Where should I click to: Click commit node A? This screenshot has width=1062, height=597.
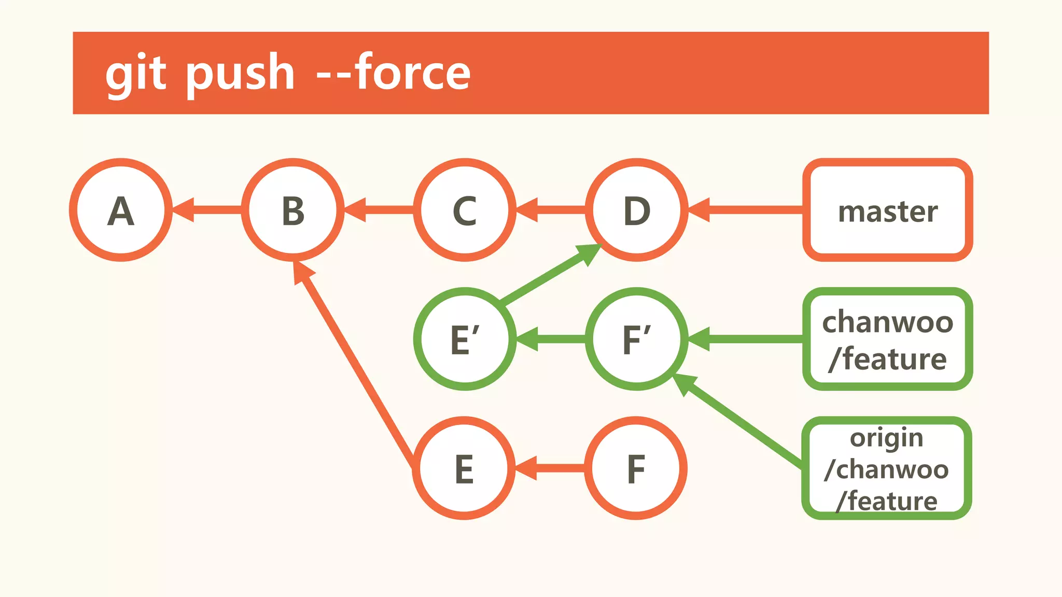coord(121,210)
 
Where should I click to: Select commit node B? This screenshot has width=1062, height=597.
coord(293,210)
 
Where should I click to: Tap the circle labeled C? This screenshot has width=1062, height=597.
coord(465,210)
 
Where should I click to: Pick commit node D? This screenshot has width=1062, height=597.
coord(637,210)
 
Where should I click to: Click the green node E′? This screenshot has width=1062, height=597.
coord(465,339)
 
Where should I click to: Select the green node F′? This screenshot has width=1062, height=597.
coord(637,339)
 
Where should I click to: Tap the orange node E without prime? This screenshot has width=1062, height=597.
coord(464,468)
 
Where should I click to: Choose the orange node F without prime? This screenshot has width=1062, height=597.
coord(636,468)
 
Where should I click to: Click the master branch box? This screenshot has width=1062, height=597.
coord(887,210)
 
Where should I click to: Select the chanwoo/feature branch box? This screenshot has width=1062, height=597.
coord(887,339)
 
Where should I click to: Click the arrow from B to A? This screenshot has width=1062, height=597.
coord(207,210)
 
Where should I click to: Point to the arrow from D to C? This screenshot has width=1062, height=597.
coord(551,210)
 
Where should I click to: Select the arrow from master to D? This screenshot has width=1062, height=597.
coord(747,210)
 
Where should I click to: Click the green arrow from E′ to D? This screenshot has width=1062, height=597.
coord(550,276)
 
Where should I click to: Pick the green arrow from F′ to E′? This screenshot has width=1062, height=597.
coord(551,339)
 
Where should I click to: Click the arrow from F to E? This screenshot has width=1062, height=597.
coord(551,468)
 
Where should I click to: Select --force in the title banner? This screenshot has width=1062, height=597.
coord(394,73)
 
